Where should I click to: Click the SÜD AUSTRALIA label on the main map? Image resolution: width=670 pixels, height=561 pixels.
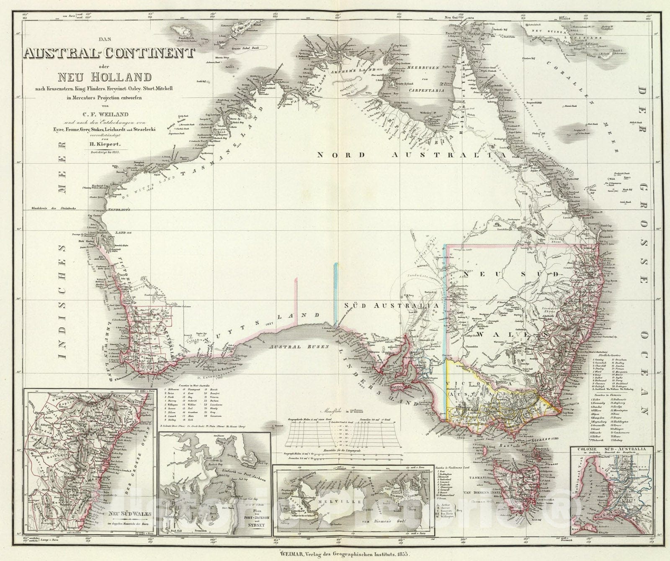point(391,305)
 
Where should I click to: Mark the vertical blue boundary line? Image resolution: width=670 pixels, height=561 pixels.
point(335,293)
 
